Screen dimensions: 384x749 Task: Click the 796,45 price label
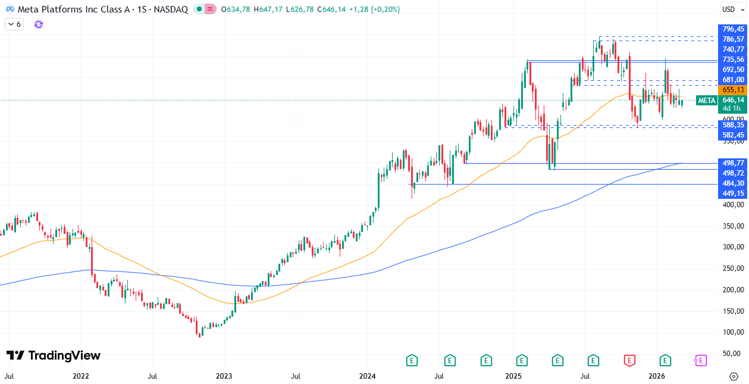(732, 29)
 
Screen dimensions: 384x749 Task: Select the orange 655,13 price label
(732, 89)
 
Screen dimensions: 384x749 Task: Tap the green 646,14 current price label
(732, 100)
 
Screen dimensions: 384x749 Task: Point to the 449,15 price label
(732, 193)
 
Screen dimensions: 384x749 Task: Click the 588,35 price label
(732, 125)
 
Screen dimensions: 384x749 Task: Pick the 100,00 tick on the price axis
(732, 332)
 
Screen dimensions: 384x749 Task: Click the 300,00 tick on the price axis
(732, 247)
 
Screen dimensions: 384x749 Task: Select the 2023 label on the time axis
(224, 376)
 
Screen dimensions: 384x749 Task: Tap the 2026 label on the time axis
(656, 376)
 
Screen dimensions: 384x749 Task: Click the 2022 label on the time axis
(80, 376)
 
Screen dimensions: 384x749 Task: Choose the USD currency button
(729, 9)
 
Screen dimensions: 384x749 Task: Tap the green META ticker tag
(706, 101)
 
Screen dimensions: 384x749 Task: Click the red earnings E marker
(629, 360)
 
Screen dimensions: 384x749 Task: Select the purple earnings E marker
(700, 360)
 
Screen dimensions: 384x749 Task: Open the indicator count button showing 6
(14, 24)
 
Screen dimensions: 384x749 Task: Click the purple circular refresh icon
(39, 24)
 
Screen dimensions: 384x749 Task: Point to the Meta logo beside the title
(10, 10)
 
